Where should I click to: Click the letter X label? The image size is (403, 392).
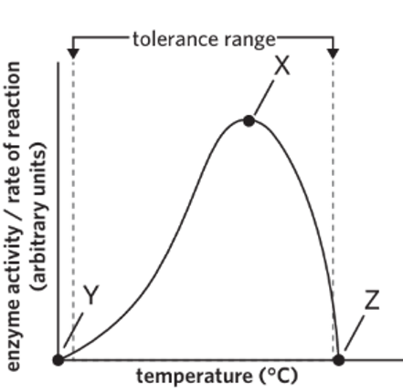[x=282, y=67]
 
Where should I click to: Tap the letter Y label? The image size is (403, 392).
[x=90, y=294]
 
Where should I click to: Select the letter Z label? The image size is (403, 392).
[x=371, y=301]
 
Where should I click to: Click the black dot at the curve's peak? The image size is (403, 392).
[x=249, y=120]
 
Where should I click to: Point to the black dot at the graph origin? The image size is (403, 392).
[x=59, y=359]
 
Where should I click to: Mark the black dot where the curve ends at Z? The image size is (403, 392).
[x=339, y=359]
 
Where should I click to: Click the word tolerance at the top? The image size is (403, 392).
[x=174, y=38]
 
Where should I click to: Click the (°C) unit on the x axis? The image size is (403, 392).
[x=273, y=376]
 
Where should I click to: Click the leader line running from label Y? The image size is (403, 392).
[x=73, y=327]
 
